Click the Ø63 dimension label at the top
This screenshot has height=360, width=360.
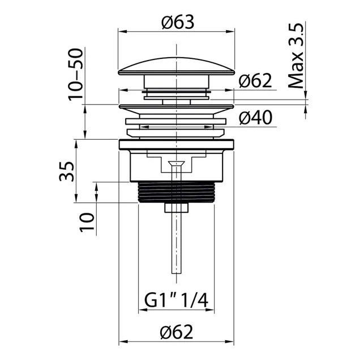[x=178, y=22]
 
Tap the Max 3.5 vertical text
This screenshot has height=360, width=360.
[x=296, y=56]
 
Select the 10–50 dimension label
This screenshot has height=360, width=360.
[x=75, y=74]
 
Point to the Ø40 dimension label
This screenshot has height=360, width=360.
[x=255, y=117]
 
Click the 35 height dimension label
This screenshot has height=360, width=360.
[x=67, y=172]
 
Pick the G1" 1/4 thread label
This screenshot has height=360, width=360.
[x=177, y=301]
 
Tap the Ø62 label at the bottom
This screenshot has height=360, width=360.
[x=177, y=332]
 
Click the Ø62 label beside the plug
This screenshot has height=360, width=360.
[x=255, y=80]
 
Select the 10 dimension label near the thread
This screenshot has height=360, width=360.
[x=87, y=222]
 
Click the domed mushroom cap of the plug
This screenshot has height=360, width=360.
[x=177, y=66]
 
